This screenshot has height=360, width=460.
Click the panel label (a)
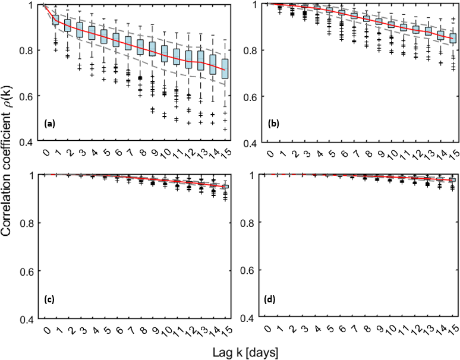pyautogui.click(x=49, y=124)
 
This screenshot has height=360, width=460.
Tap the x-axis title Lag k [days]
pyautogui.click(x=245, y=352)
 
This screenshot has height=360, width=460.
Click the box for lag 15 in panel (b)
pyautogui.click(x=453, y=38)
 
